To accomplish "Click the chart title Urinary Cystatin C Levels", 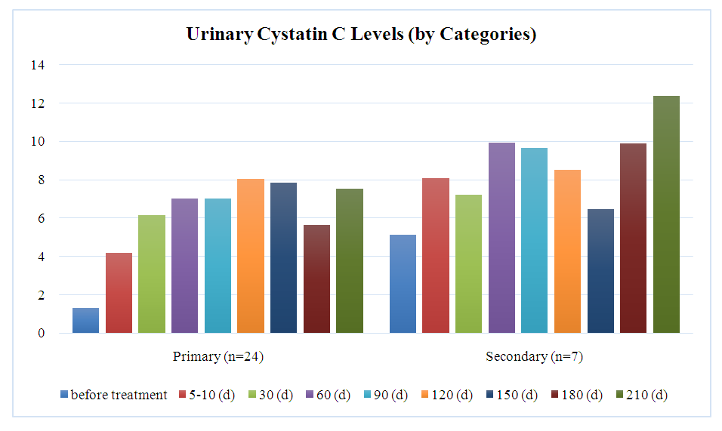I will (361, 35).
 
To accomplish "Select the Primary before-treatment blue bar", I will (85, 320).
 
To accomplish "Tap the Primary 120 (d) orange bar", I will (251, 256).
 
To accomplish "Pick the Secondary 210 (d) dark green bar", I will (666, 214).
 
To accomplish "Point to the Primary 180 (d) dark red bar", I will (317, 279).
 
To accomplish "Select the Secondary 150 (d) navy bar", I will (600, 271).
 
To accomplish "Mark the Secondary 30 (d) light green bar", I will (468, 263).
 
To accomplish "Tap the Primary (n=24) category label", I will (218, 356).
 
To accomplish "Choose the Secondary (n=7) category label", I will (534, 356).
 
